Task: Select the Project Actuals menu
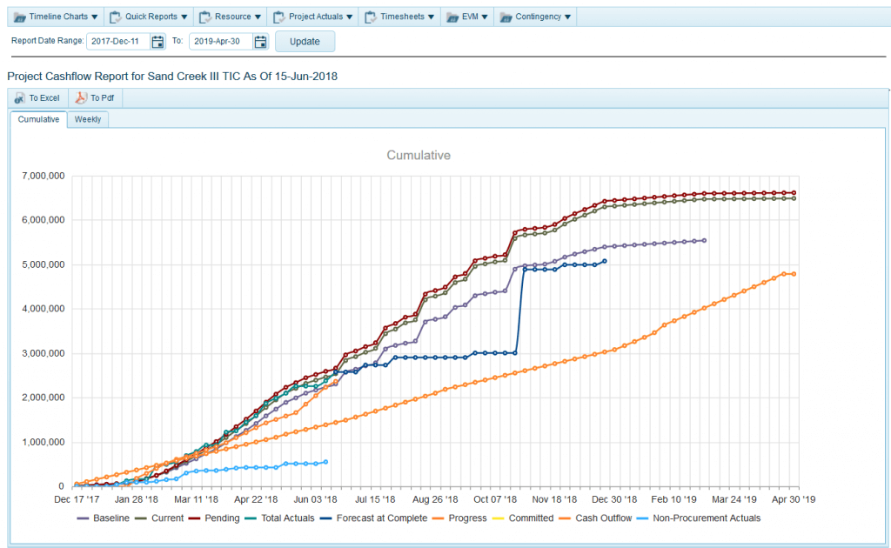[314, 17]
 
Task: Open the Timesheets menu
[401, 17]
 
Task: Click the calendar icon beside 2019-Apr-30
[260, 42]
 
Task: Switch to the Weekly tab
[87, 119]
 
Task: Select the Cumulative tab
[38, 119]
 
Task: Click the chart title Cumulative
[418, 155]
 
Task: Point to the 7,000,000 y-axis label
[41, 176]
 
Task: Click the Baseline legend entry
[111, 518]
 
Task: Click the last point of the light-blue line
[326, 462]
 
